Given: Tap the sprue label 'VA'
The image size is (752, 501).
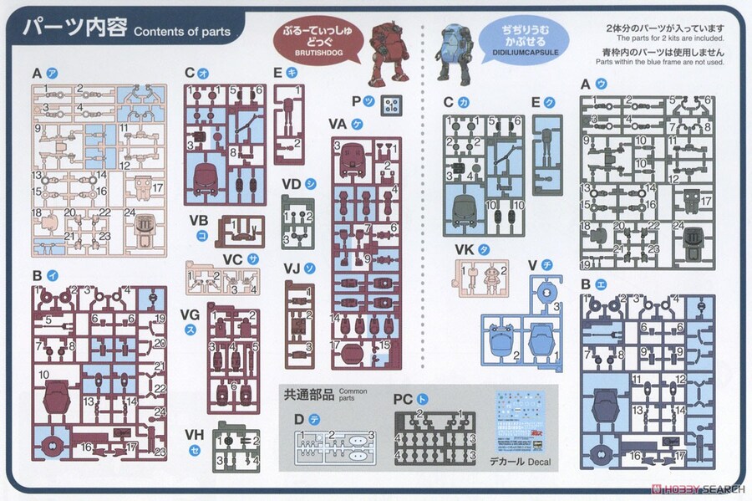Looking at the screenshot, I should [338, 124].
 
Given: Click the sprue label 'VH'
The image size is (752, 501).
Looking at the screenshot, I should [195, 435].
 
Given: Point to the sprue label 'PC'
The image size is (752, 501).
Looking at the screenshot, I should [404, 400].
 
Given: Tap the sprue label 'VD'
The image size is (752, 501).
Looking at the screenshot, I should [291, 184].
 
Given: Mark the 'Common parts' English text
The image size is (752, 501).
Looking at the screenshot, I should [353, 392].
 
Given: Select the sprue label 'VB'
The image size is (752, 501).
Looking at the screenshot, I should [199, 221].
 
